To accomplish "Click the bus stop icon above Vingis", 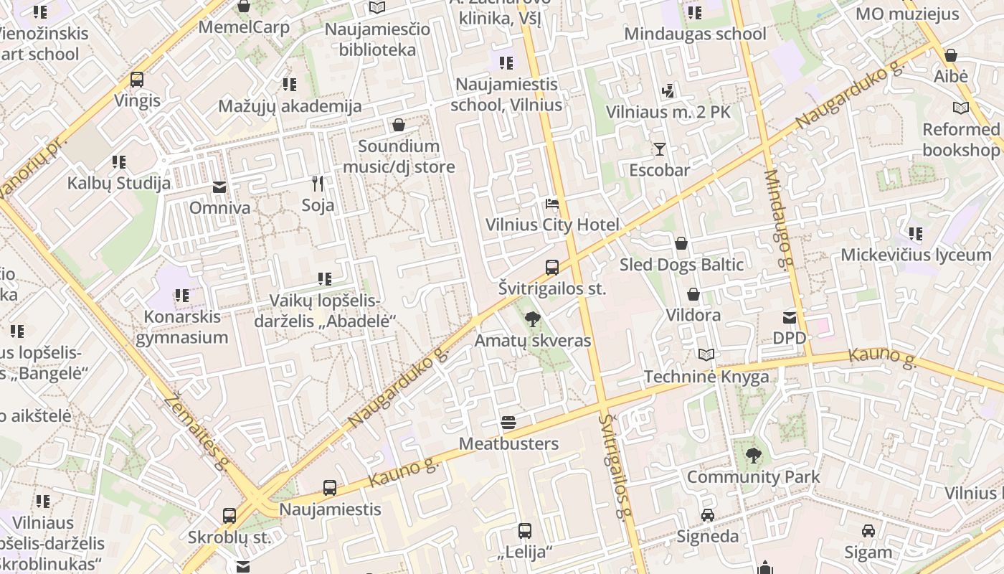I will point(137,80).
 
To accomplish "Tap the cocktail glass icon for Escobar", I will point(659,149).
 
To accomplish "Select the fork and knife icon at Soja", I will point(318,184).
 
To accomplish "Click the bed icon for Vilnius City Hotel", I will point(551,204).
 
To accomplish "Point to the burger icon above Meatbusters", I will point(508,423).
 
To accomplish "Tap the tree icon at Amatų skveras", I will point(532,319).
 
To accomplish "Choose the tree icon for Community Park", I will point(753,456).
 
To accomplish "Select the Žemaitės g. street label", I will point(196,433).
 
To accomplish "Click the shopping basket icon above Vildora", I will point(693,294).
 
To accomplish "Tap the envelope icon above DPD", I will point(789,317).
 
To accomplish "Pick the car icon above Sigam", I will point(868,531).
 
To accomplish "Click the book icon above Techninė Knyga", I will point(706,355).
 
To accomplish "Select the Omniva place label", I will point(219,208).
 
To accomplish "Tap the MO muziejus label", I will point(907,14).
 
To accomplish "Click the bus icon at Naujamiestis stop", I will point(329,488).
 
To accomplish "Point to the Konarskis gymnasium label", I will point(182,327).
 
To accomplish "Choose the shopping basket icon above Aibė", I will point(951,55).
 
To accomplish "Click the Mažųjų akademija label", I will point(290,106).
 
